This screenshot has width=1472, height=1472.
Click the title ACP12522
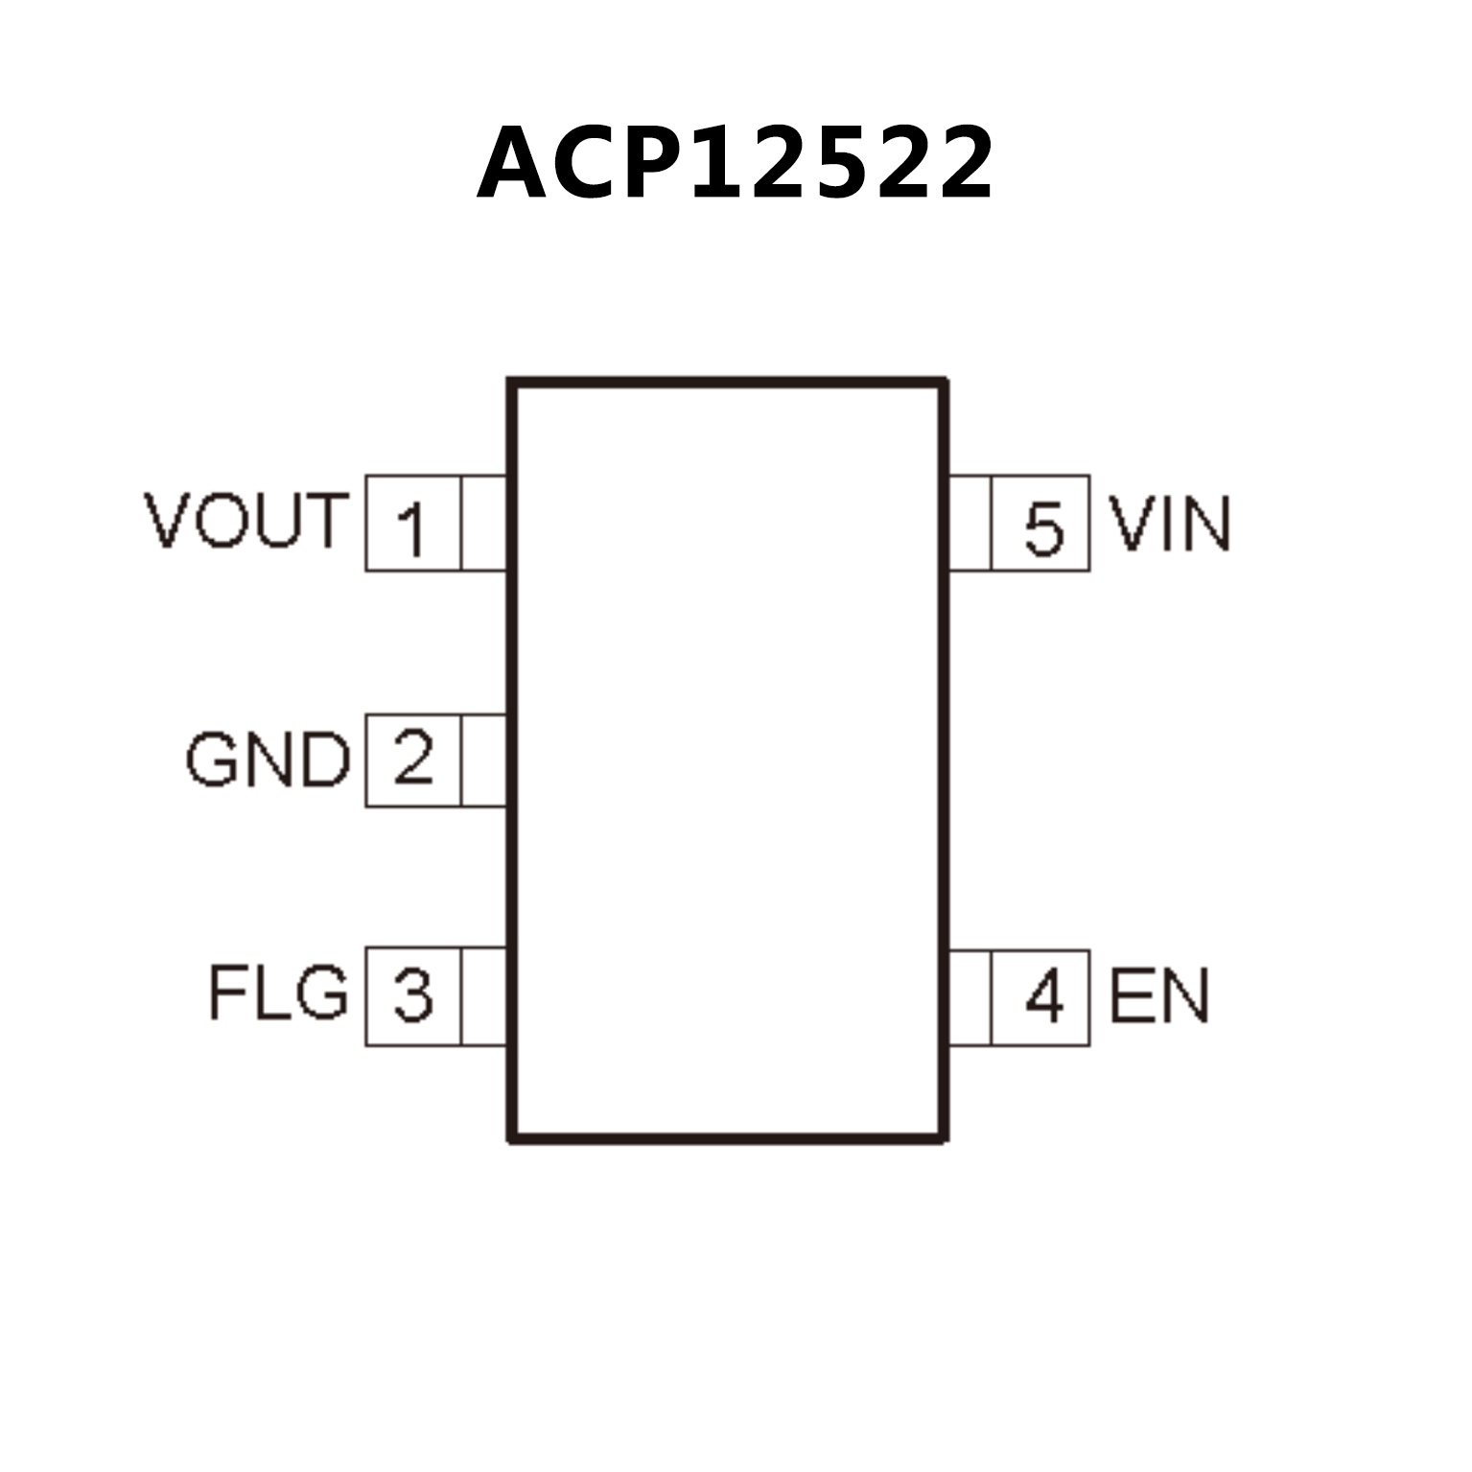[x=736, y=164]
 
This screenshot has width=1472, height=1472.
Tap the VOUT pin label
[x=245, y=521]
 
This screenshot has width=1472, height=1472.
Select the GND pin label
[x=268, y=759]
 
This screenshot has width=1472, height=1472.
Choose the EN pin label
[x=1159, y=996]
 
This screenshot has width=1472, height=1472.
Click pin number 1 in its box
[x=411, y=527]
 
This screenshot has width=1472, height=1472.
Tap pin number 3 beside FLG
[x=413, y=995]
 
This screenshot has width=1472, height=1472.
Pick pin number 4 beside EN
[x=1043, y=997]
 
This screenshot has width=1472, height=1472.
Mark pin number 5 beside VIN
[x=1043, y=526]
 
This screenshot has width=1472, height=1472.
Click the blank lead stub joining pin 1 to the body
[x=483, y=523]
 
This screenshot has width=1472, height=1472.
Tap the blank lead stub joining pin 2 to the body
[x=483, y=759]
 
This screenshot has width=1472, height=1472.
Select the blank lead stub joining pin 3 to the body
[x=483, y=996]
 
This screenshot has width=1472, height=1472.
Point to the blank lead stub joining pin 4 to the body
[x=970, y=997]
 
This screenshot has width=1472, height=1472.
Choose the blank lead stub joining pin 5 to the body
[x=970, y=523]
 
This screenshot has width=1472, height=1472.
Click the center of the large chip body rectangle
[x=728, y=760]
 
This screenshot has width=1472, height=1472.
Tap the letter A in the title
[x=518, y=164]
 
